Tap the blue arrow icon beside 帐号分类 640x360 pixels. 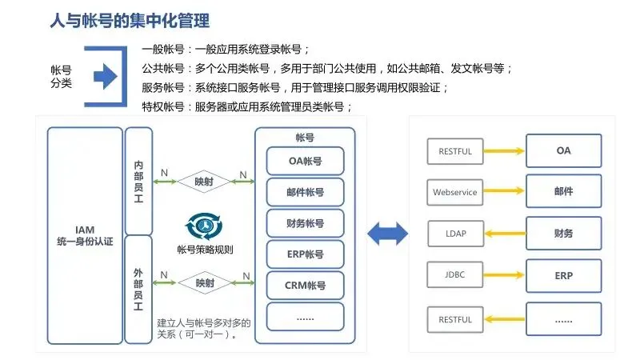[105, 77]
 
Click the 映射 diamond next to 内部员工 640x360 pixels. [204, 181]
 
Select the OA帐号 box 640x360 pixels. [305, 161]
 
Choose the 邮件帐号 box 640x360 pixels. [305, 192]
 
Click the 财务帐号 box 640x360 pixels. [305, 223]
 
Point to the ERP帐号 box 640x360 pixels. [305, 254]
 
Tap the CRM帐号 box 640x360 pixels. [305, 286]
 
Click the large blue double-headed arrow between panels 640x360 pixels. [387, 234]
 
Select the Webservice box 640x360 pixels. [454, 192]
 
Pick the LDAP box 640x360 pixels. [455, 234]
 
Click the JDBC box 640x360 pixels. [454, 276]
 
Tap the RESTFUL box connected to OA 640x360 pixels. [455, 150]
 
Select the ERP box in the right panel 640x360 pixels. [563, 276]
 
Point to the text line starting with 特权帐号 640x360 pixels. [247, 106]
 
